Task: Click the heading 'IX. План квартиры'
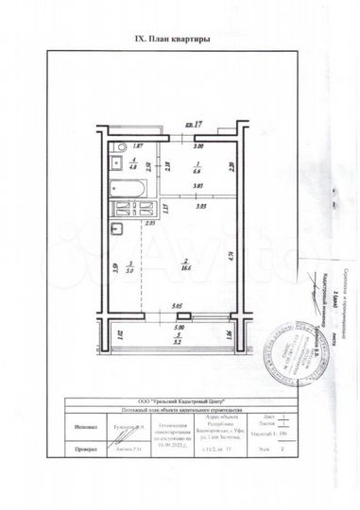pos(168,40)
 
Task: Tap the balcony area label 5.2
pos(178,340)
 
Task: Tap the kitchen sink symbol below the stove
pos(115,228)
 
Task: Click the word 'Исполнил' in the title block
pos(83,428)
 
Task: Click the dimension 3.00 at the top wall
pos(198,147)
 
